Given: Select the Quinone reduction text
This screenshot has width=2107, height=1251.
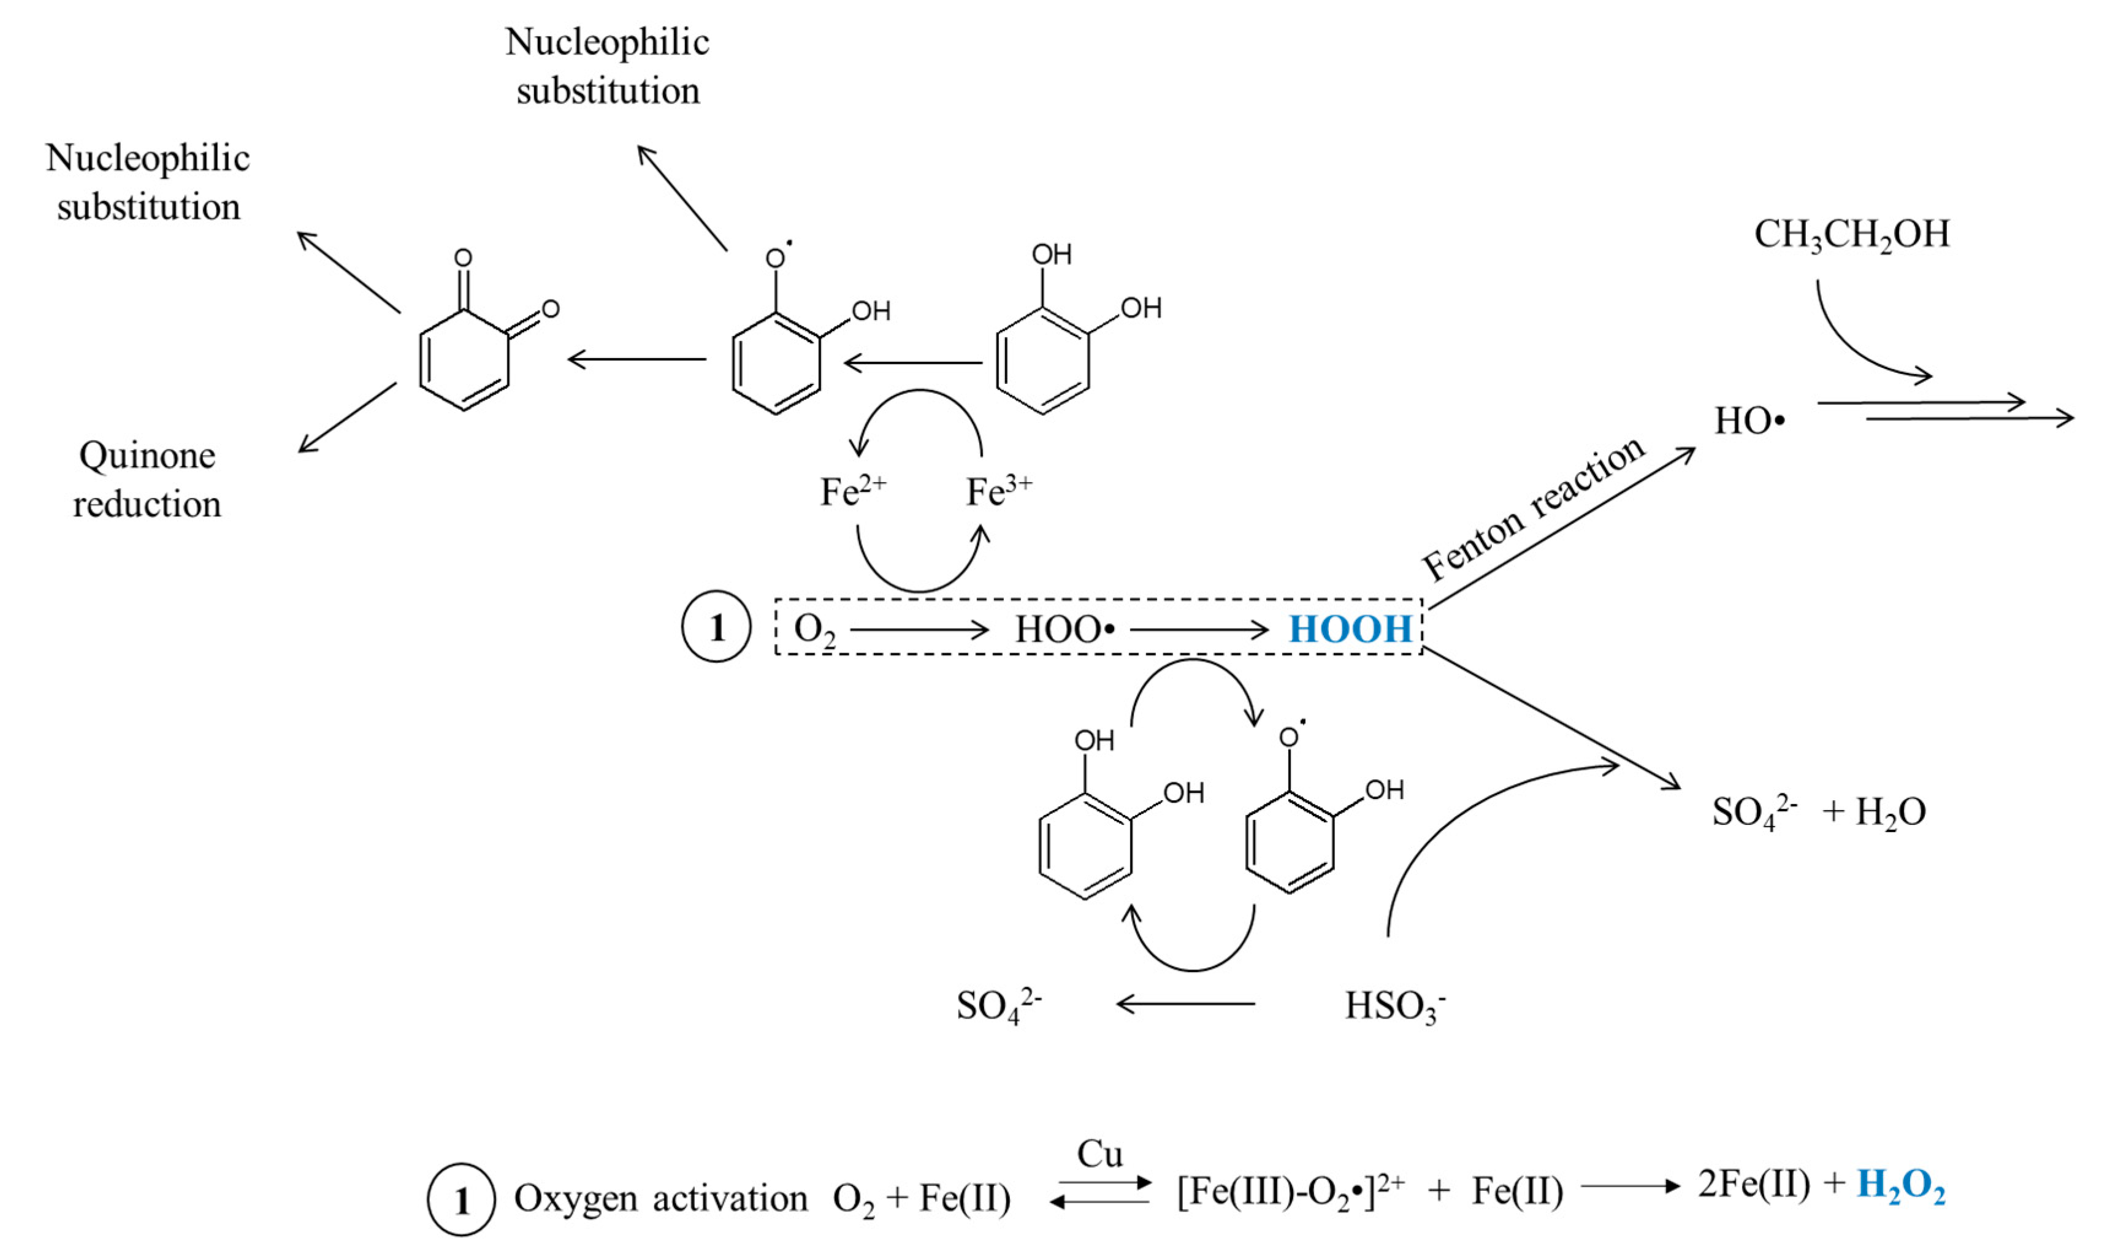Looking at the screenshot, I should [x=148, y=480].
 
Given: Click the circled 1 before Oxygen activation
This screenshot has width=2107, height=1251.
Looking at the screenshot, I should [x=461, y=1199].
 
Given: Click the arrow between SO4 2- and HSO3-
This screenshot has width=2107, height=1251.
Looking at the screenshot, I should [x=1185, y=1004].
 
